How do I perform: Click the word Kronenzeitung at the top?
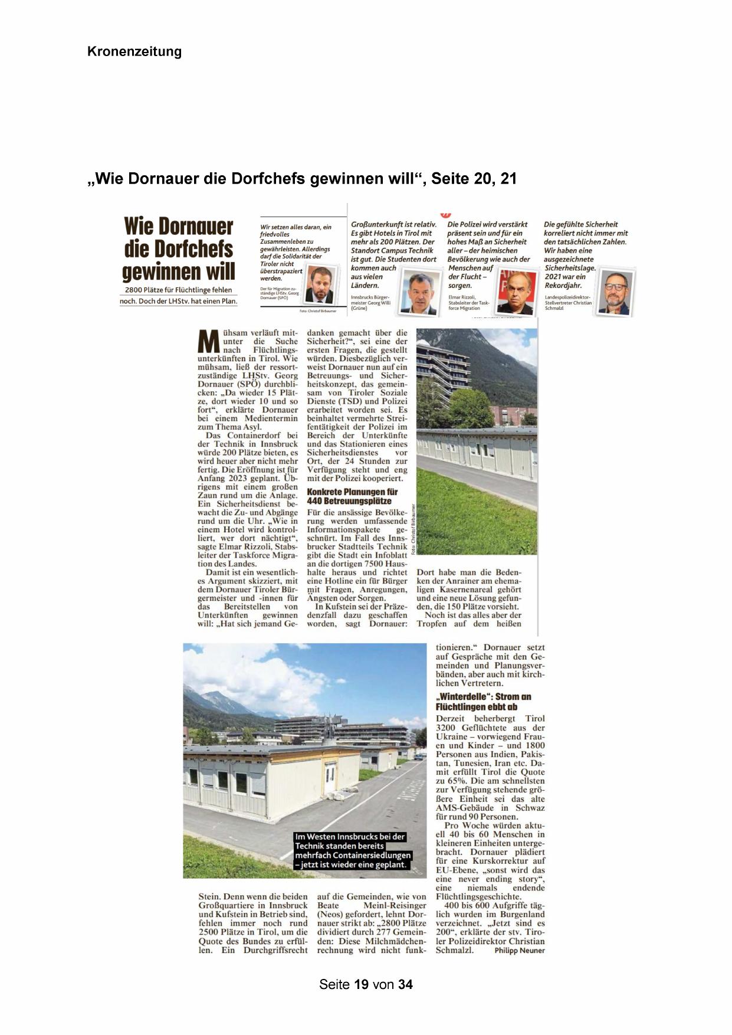pyautogui.click(x=134, y=52)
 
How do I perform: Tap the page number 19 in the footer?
pyautogui.click(x=362, y=984)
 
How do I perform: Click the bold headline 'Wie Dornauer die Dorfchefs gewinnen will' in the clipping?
pyautogui.click(x=179, y=249)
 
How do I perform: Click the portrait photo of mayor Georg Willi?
pyautogui.click(x=420, y=293)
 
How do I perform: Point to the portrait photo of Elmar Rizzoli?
pyautogui.click(x=516, y=292)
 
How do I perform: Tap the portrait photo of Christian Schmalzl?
pyautogui.click(x=615, y=293)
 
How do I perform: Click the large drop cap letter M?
pyautogui.click(x=208, y=342)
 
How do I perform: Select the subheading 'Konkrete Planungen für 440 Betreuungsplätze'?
pyautogui.click(x=352, y=496)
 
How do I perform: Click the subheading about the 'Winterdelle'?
pyautogui.click(x=483, y=701)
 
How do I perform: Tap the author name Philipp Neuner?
pyautogui.click(x=519, y=951)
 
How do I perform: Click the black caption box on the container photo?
pyautogui.click(x=352, y=850)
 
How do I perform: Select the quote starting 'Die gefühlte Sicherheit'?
pyautogui.click(x=585, y=254)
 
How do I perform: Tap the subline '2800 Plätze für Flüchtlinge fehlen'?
pyautogui.click(x=178, y=290)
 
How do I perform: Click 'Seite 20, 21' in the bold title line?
pyautogui.click(x=474, y=179)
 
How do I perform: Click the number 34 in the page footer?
pyautogui.click(x=405, y=984)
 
